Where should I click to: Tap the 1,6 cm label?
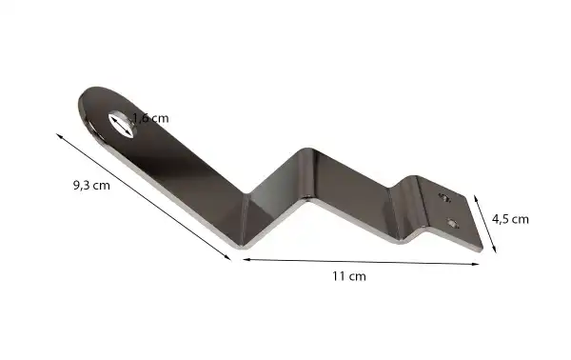point(150,118)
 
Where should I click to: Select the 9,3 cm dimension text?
point(91,186)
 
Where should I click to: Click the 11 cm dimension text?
point(348,276)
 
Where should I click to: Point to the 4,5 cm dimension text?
point(510,218)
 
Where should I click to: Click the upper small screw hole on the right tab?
point(443,197)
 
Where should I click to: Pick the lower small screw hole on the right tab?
point(453,225)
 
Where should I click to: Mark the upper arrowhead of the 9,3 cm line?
point(60,136)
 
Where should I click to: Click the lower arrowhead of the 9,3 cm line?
point(228,255)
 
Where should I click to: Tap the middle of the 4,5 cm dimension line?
point(487,223)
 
